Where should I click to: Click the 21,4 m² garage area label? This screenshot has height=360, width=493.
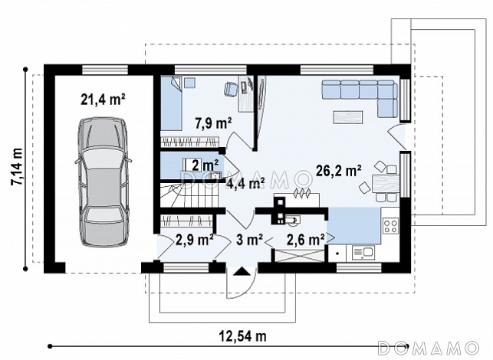pos(104,100)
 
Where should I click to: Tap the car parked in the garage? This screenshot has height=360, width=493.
pos(104,182)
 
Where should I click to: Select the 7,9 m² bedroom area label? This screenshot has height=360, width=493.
pos(213,123)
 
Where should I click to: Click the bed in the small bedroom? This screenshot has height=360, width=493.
pos(171,103)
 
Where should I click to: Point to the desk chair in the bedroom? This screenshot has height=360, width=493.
pos(231,87)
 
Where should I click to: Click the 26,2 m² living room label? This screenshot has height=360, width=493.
pos(338,171)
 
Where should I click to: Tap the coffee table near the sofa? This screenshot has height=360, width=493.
pos(348,117)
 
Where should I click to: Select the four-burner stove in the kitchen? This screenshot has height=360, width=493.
pos(391,226)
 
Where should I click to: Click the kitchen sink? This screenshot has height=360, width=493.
pos(363,252)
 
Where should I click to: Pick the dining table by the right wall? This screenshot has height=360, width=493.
pos(386,184)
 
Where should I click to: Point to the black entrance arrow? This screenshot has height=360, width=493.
pos(242,271)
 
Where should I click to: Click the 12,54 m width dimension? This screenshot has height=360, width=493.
pos(243,336)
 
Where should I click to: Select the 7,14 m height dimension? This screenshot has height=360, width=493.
pos(17,166)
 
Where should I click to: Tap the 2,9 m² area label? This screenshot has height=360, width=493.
pos(195,240)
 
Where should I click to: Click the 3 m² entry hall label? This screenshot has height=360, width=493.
pos(249,240)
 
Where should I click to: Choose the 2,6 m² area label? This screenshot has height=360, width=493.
pos(306,240)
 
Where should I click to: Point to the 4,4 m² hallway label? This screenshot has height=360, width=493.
pos(245,183)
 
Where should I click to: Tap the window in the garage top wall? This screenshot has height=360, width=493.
pos(105,70)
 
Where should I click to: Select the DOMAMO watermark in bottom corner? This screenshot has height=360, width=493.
pos(429,348)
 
